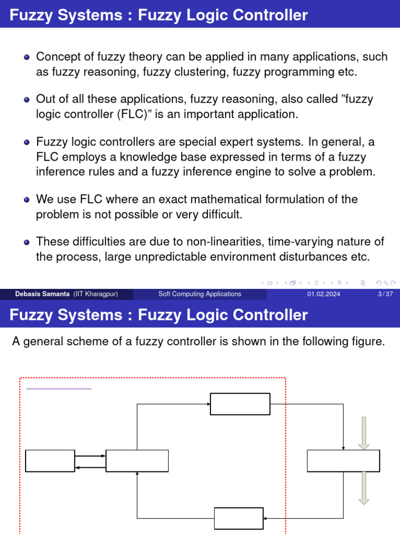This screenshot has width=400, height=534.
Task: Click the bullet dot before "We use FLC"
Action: click(x=27, y=199)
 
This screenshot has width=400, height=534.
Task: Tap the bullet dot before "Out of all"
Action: click(x=27, y=100)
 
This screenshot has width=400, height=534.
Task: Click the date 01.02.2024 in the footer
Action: click(x=323, y=294)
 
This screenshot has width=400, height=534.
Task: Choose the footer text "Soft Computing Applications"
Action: click(x=199, y=294)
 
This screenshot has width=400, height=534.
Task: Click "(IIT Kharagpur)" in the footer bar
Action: click(x=95, y=294)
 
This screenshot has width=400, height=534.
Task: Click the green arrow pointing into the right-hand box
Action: click(x=364, y=433)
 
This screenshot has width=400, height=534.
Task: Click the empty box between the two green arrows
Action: click(x=343, y=461)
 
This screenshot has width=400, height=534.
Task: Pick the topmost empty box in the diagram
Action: click(x=240, y=404)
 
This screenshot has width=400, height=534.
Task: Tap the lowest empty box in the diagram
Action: click(x=239, y=518)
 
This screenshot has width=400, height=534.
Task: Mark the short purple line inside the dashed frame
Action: click(x=58, y=389)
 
